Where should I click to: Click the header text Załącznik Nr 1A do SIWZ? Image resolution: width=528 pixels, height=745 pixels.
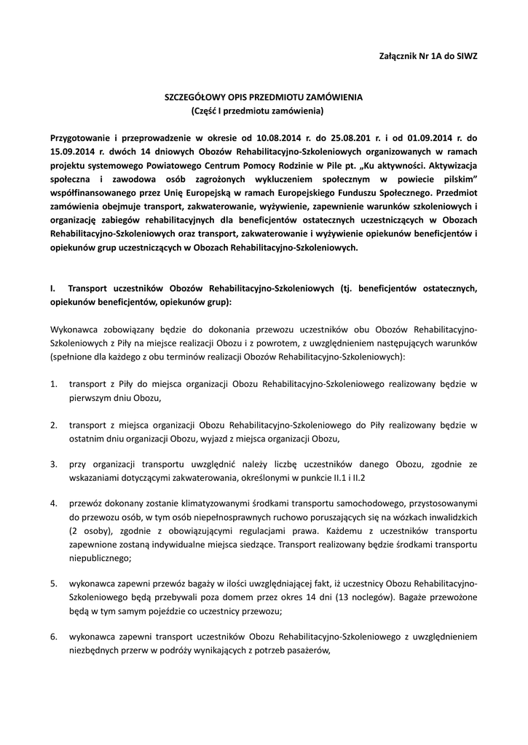(429, 55)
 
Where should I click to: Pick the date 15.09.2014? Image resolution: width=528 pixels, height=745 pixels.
(74, 151)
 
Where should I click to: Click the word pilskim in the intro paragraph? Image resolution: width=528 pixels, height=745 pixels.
(449, 179)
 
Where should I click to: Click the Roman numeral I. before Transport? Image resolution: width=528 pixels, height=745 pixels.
(52, 288)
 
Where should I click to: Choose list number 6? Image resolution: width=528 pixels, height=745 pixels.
(53, 637)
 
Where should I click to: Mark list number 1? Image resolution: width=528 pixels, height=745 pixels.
(53, 383)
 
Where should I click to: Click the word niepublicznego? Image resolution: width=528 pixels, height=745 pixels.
(99, 558)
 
